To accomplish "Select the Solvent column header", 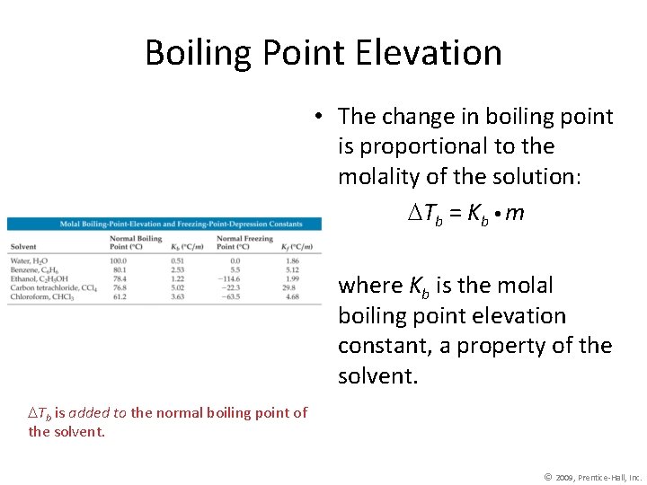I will pyautogui.click(x=24, y=246).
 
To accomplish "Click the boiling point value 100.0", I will pyautogui.click(x=119, y=260).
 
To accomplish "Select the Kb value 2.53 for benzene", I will pyautogui.click(x=177, y=269).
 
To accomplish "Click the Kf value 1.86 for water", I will pyautogui.click(x=289, y=260).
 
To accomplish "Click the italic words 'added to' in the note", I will pyautogui.click(x=99, y=413).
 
